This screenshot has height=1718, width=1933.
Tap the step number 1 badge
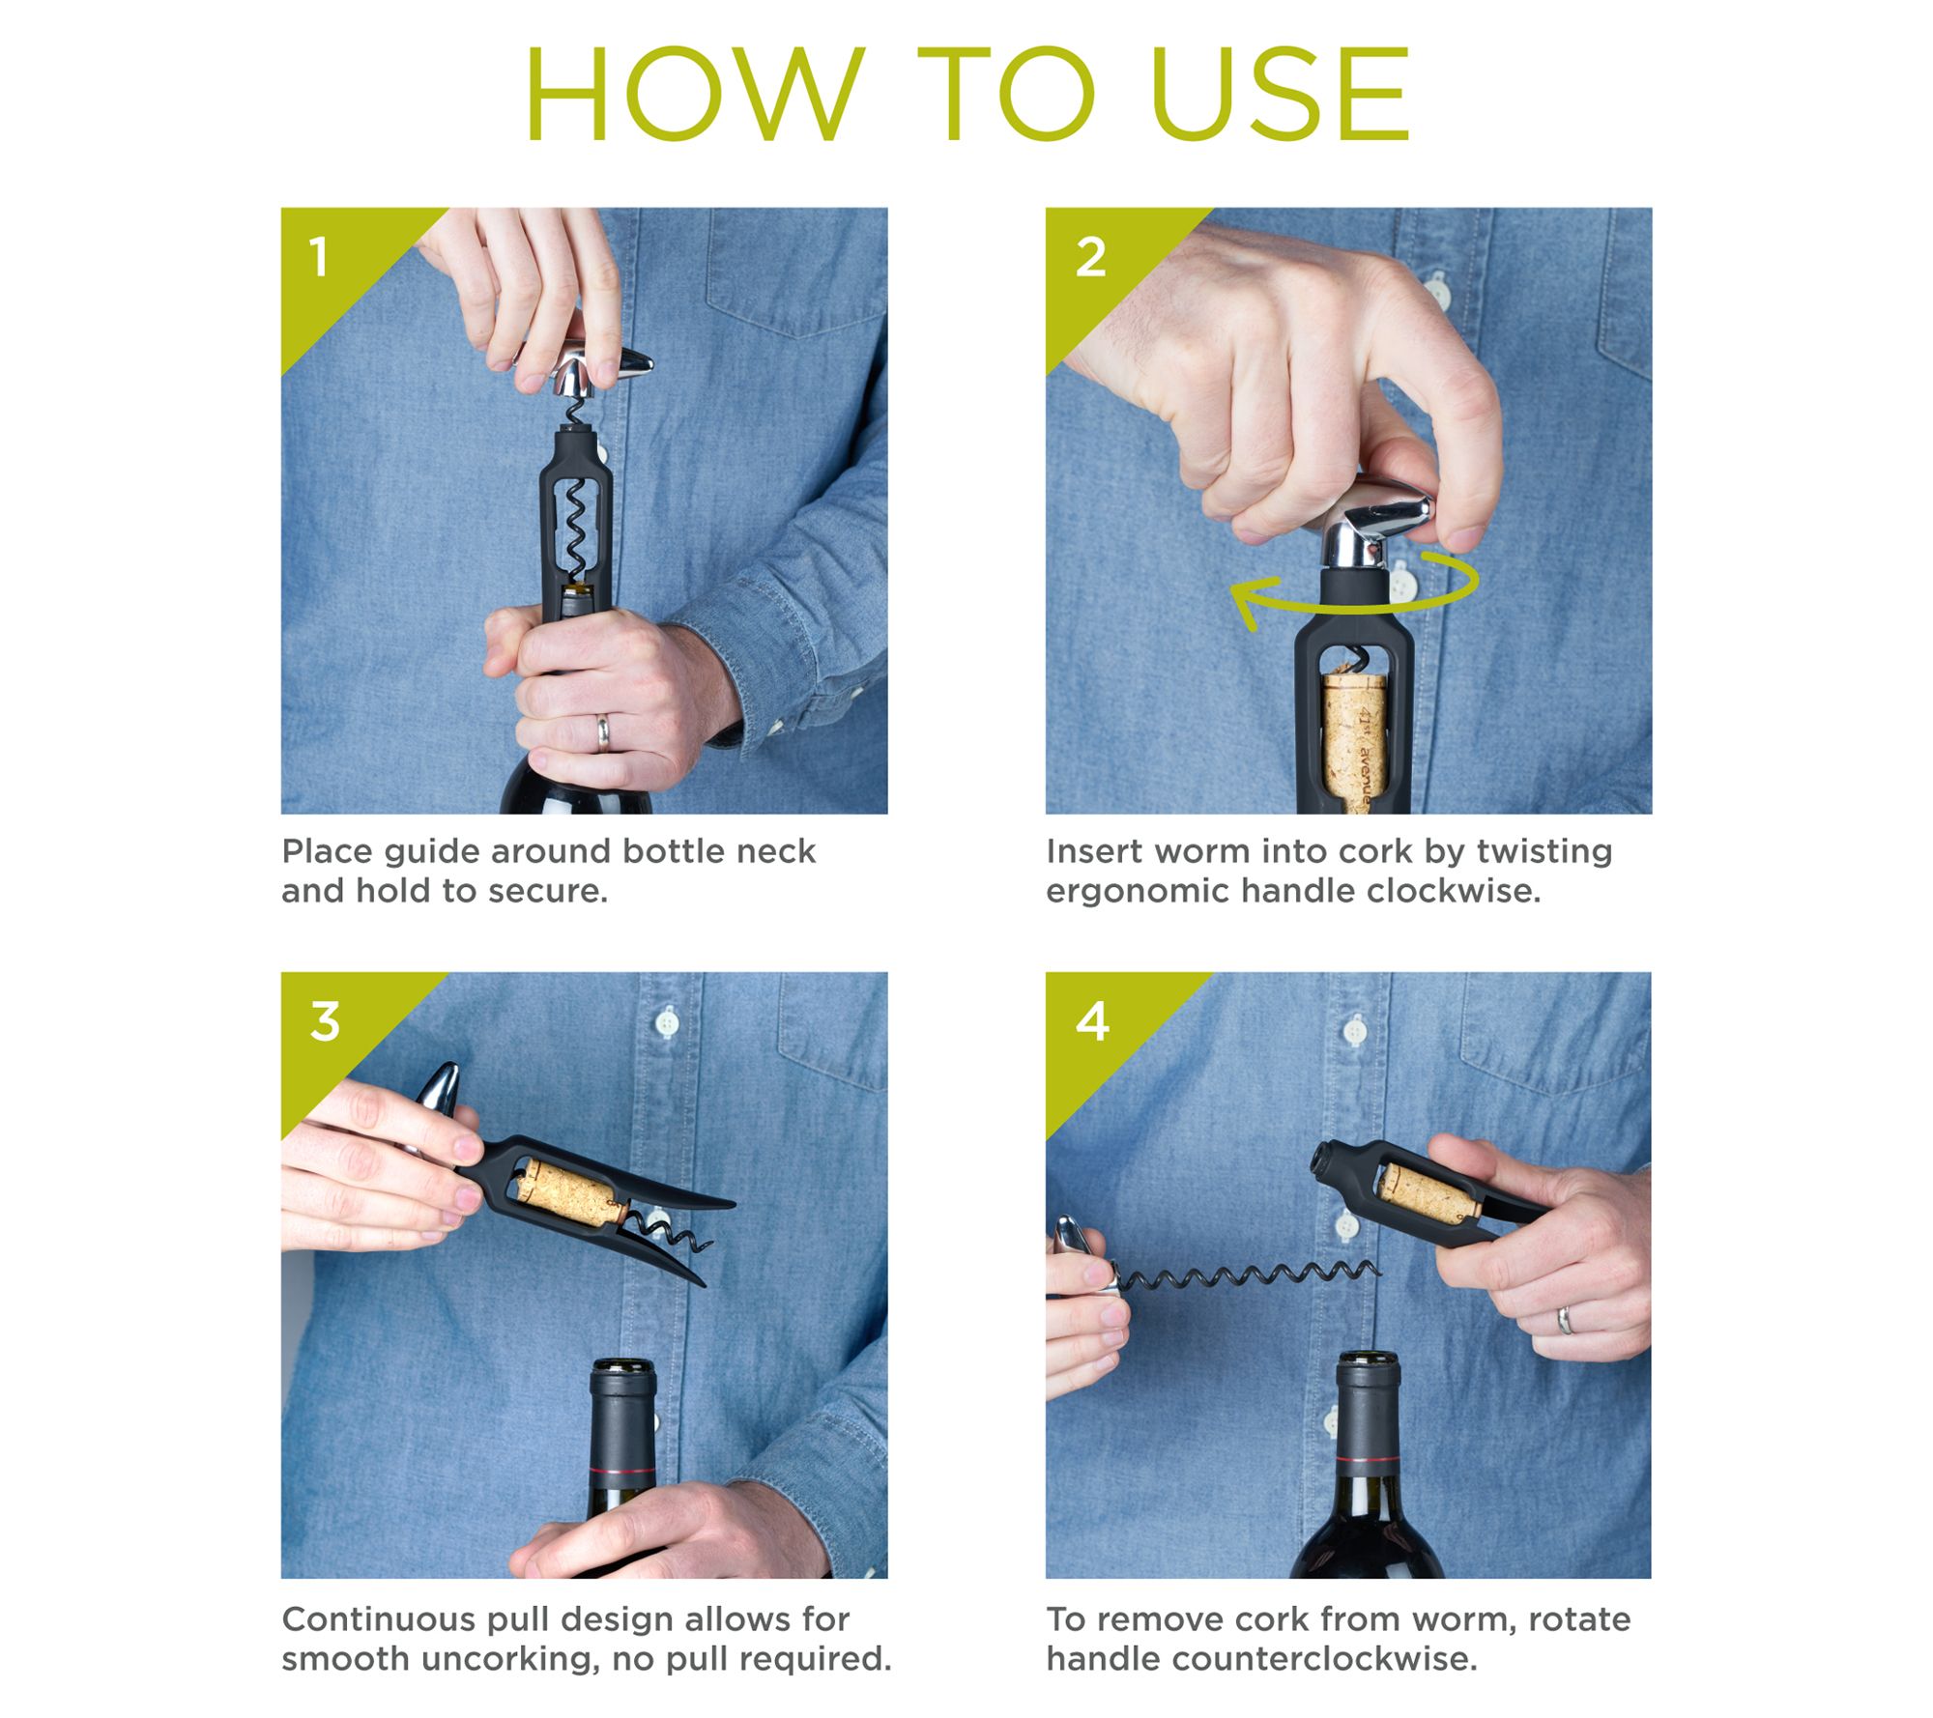point(318,258)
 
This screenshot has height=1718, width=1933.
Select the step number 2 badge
point(1090,258)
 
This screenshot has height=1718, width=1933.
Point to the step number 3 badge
point(325,1021)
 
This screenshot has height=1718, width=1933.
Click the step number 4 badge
point(1092,1021)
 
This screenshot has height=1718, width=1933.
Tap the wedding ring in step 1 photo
point(602,733)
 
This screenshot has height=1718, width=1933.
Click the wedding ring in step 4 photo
point(1564,1320)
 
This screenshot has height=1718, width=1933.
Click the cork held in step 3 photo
point(568,1194)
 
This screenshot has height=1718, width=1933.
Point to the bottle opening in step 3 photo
point(622,1366)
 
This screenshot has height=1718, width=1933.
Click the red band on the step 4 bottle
point(1367,1457)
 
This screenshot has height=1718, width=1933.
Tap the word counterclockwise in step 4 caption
point(1325,1659)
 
